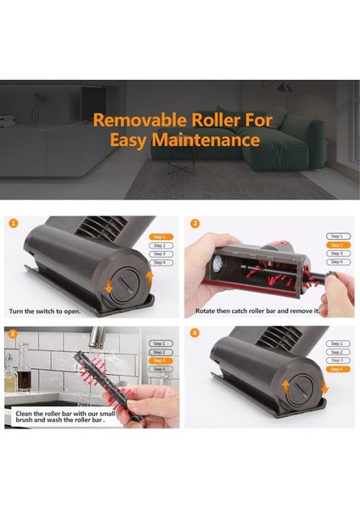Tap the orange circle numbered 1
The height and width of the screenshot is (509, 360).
[13, 224]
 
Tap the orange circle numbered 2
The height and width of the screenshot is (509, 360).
[194, 224]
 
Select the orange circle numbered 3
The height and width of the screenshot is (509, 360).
[13, 333]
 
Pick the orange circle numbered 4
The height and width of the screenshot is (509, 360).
[194, 333]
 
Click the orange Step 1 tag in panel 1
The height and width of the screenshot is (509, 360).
[159, 237]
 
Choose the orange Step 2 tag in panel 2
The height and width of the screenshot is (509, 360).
[336, 245]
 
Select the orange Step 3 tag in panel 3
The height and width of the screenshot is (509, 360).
[159, 361]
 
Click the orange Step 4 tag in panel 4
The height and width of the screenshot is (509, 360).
[336, 369]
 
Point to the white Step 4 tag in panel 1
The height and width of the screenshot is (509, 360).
[159, 262]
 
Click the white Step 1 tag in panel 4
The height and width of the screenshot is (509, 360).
[336, 344]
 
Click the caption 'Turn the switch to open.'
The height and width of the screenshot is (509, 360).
[45, 311]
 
